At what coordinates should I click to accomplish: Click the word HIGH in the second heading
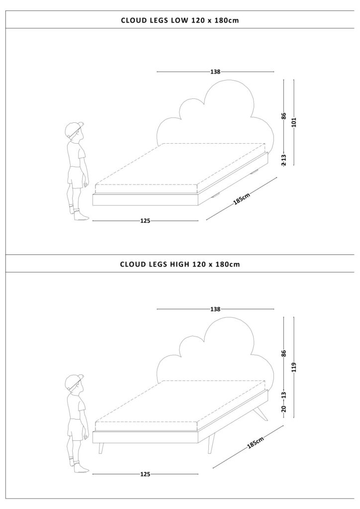coord(180,264)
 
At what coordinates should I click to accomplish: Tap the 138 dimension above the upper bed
coord(215,72)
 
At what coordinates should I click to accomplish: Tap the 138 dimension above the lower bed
coord(215,309)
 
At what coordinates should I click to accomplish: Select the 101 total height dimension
coord(294,122)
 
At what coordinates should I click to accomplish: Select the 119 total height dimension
coord(294,367)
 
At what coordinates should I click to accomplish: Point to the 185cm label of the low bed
coord(242,199)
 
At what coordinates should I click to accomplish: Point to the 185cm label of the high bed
coord(256,442)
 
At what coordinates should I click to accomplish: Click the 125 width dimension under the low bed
coord(145,221)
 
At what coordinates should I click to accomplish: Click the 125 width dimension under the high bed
coord(145,474)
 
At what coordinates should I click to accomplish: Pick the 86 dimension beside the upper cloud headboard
coord(284,116)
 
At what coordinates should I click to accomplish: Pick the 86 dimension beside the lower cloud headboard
coord(284,353)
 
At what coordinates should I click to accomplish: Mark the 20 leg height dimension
coord(284,409)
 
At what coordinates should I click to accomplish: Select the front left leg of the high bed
coord(101,448)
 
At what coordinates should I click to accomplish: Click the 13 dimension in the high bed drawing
coord(284,395)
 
